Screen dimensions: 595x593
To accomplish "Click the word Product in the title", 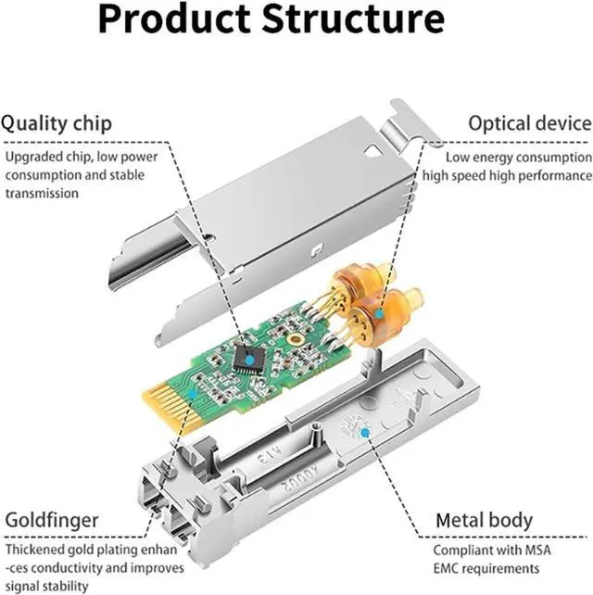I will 168,21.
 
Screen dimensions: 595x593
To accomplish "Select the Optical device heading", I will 529,123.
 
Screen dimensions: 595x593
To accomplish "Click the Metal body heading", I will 485,520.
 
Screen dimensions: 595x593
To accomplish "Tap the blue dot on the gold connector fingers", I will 192,393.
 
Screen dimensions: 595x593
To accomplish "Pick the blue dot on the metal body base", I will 366,432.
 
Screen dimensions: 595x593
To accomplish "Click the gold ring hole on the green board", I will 296,340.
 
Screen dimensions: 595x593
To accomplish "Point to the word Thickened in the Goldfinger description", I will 34,549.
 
